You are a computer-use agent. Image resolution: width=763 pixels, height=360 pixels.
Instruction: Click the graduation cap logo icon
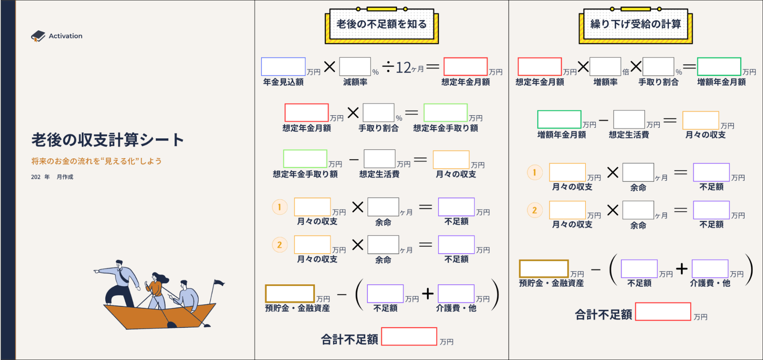point(38,36)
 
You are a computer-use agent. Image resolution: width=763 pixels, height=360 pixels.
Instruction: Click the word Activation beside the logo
point(66,36)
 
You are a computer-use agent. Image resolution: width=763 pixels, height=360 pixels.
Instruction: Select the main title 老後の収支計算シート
point(108,140)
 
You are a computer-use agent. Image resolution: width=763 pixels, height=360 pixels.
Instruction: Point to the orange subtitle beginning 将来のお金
point(96,161)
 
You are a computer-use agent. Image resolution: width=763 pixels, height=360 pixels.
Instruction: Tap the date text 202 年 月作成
point(52,177)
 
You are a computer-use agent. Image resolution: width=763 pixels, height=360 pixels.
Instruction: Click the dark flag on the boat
point(219,283)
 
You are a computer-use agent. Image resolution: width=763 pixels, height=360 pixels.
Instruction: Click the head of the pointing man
point(119,263)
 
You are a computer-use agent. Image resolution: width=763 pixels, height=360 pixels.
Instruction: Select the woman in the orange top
point(156,289)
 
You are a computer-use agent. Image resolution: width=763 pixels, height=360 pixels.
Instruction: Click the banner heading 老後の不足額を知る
point(381,25)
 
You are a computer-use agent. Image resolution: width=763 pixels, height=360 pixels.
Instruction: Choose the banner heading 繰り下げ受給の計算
point(636,25)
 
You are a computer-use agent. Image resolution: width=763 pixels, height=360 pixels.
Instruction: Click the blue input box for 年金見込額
point(283,67)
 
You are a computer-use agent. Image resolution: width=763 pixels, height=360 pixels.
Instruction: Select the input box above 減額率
point(355,67)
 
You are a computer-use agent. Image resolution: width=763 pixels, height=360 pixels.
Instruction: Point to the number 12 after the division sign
point(403,68)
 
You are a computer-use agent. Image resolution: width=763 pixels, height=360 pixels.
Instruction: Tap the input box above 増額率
point(605,67)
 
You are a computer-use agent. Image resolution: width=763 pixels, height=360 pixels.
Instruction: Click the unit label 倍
point(626,72)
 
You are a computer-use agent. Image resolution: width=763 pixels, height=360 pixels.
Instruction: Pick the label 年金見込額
point(283,82)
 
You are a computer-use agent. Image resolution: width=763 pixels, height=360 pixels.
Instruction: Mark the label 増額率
point(605,82)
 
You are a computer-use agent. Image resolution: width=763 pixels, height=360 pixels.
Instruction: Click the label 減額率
point(355,82)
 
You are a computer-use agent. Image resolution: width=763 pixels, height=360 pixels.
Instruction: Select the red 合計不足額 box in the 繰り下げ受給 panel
point(663,312)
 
